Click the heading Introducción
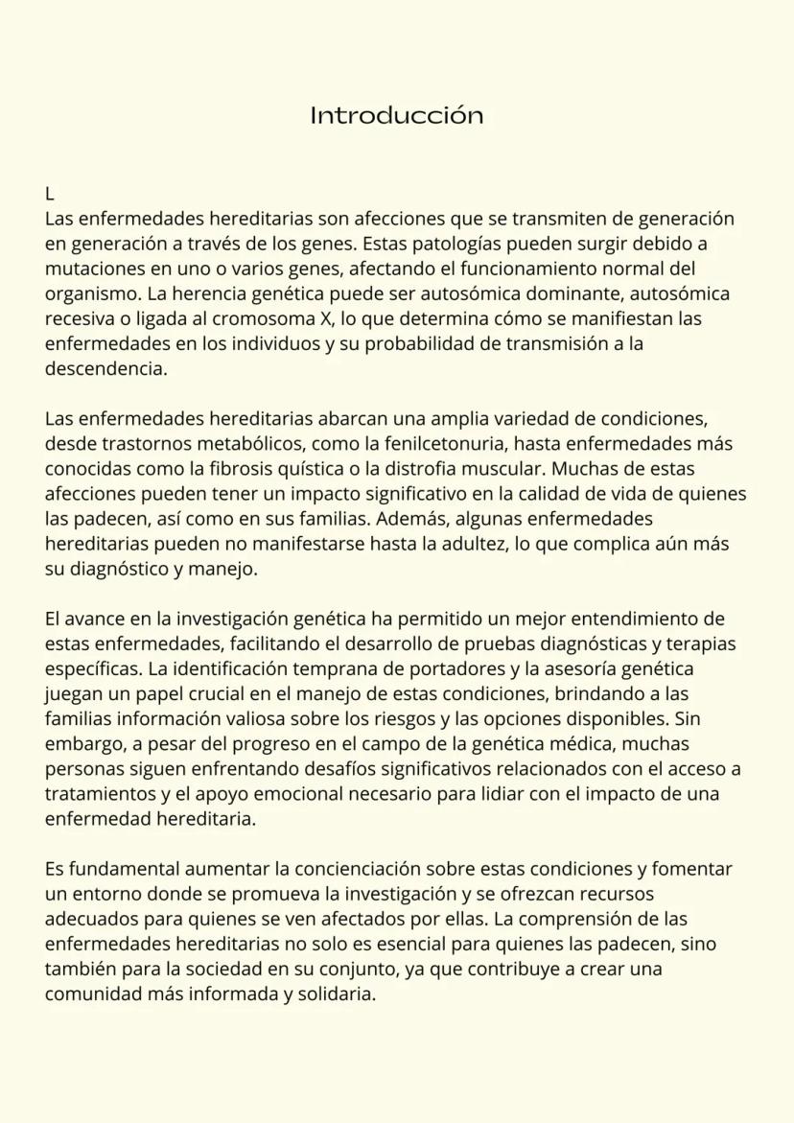pyautogui.click(x=396, y=116)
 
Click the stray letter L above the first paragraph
pyautogui.click(x=50, y=195)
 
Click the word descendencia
pyautogui.click(x=105, y=367)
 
